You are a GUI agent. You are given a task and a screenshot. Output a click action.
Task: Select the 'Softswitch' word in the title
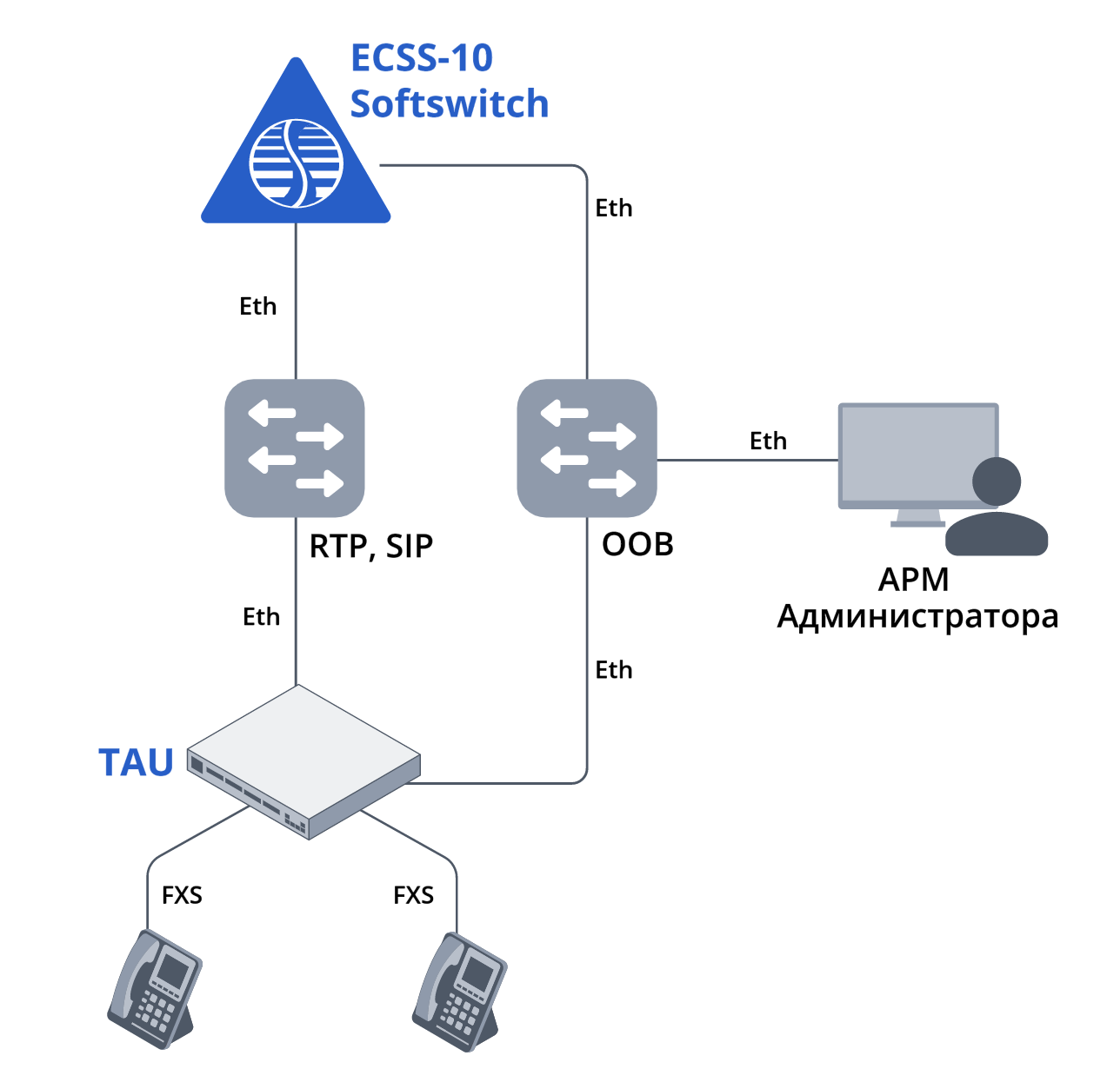point(449,103)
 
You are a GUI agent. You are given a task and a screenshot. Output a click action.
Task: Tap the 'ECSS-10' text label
point(422,58)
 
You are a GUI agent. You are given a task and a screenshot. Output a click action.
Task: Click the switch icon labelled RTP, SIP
point(295,448)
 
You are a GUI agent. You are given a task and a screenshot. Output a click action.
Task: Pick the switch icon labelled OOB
point(587,448)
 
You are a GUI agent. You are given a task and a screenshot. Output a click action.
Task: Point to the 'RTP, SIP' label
point(371,547)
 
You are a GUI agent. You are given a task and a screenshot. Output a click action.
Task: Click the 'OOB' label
point(637,545)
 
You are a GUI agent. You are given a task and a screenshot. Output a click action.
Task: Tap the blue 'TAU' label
point(137,763)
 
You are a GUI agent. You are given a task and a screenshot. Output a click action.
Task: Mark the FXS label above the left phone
point(182,895)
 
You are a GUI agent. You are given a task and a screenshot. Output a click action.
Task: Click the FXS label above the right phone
point(413,895)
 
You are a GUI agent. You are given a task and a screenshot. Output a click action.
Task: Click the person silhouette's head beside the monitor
point(997,481)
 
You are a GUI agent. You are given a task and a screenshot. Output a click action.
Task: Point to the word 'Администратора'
point(917,616)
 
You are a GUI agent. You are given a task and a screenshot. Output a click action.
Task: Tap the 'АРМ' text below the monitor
point(913,579)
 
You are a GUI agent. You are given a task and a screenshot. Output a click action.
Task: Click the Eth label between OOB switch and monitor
point(768,442)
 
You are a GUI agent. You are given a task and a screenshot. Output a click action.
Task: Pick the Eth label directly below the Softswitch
point(258,307)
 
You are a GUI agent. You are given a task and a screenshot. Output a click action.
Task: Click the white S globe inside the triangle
point(297,163)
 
